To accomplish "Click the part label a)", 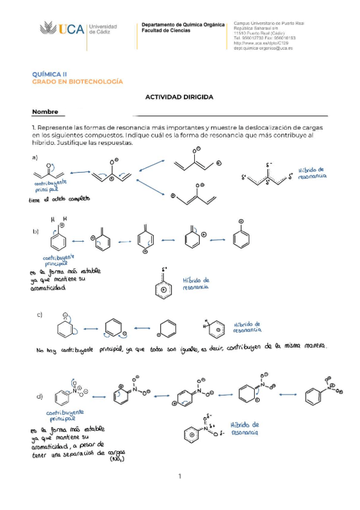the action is point(35,158).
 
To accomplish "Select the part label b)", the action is point(35,230).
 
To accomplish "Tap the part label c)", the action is point(40,315).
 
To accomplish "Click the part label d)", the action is point(40,397).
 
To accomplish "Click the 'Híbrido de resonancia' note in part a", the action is point(313,175).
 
